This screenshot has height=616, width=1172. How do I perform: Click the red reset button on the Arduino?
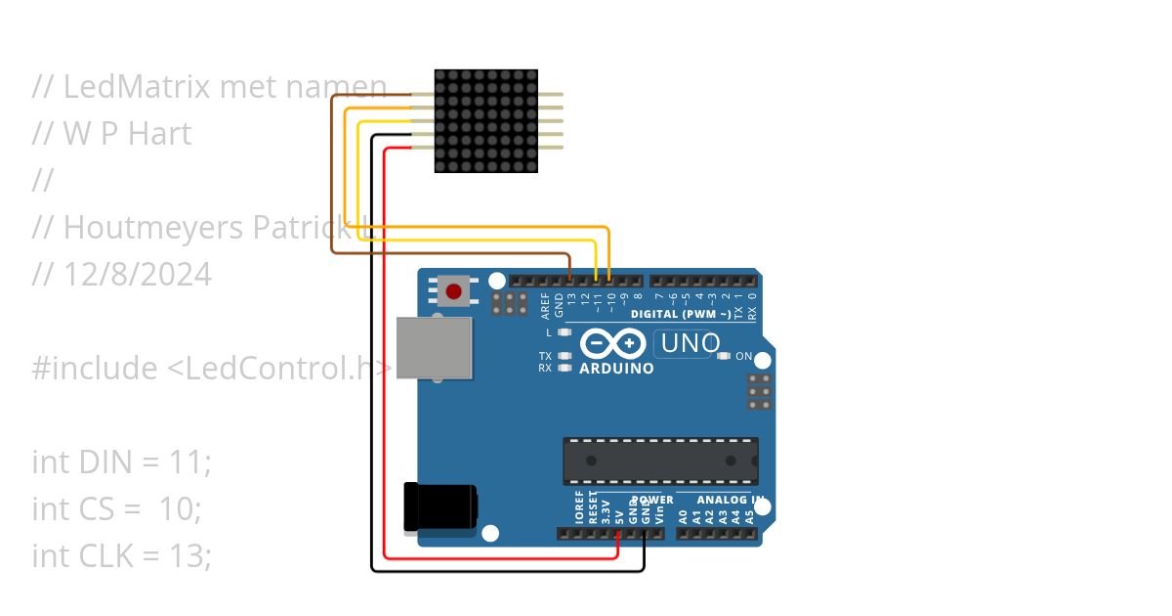click(x=454, y=290)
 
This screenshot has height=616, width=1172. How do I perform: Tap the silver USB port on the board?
click(x=435, y=347)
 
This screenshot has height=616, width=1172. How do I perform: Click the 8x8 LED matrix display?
click(x=486, y=121)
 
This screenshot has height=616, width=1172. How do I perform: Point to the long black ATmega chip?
click(x=660, y=461)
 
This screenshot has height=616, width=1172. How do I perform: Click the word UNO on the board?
click(x=691, y=344)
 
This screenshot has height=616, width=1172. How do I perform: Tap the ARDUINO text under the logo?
click(x=616, y=369)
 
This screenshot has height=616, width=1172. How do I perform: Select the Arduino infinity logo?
click(x=612, y=344)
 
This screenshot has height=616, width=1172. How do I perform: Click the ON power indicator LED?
click(x=724, y=356)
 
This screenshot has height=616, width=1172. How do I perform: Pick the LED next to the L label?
click(x=565, y=332)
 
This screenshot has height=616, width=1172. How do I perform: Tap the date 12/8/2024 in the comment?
click(x=137, y=274)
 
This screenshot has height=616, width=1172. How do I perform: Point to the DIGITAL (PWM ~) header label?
click(x=681, y=314)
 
